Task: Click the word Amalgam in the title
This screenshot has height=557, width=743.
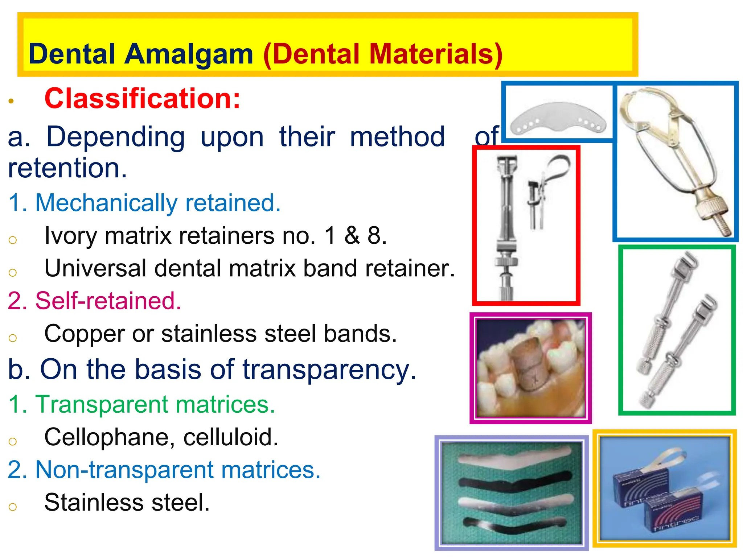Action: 188,54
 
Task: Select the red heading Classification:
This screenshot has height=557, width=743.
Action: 142,99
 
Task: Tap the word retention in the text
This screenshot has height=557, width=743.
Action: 67,168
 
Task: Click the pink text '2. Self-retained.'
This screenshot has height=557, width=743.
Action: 94,301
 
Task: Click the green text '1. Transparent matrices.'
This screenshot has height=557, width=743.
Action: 141,404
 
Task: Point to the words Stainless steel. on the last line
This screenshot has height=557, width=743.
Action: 127,503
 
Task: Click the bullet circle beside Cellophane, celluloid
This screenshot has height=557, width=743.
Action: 13,441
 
